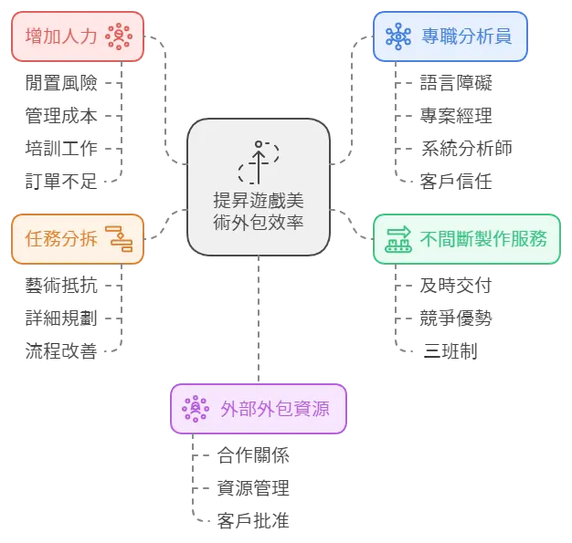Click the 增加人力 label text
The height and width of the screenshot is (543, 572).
point(61,37)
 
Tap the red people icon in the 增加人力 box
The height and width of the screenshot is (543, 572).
point(119,37)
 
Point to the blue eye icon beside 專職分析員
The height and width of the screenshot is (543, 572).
point(398,37)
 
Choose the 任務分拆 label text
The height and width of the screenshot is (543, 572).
point(59,239)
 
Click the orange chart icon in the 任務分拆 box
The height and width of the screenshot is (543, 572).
point(120,239)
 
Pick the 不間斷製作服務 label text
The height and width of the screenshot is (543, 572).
point(483,239)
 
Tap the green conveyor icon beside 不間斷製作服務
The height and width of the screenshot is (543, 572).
point(399,239)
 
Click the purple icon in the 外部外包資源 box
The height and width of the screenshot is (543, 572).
point(196,409)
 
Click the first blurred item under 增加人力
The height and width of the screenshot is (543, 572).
point(61,84)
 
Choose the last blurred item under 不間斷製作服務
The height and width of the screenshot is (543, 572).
point(451,350)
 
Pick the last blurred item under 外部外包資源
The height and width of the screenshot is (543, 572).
point(251,522)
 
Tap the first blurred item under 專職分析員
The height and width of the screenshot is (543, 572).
point(456,84)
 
